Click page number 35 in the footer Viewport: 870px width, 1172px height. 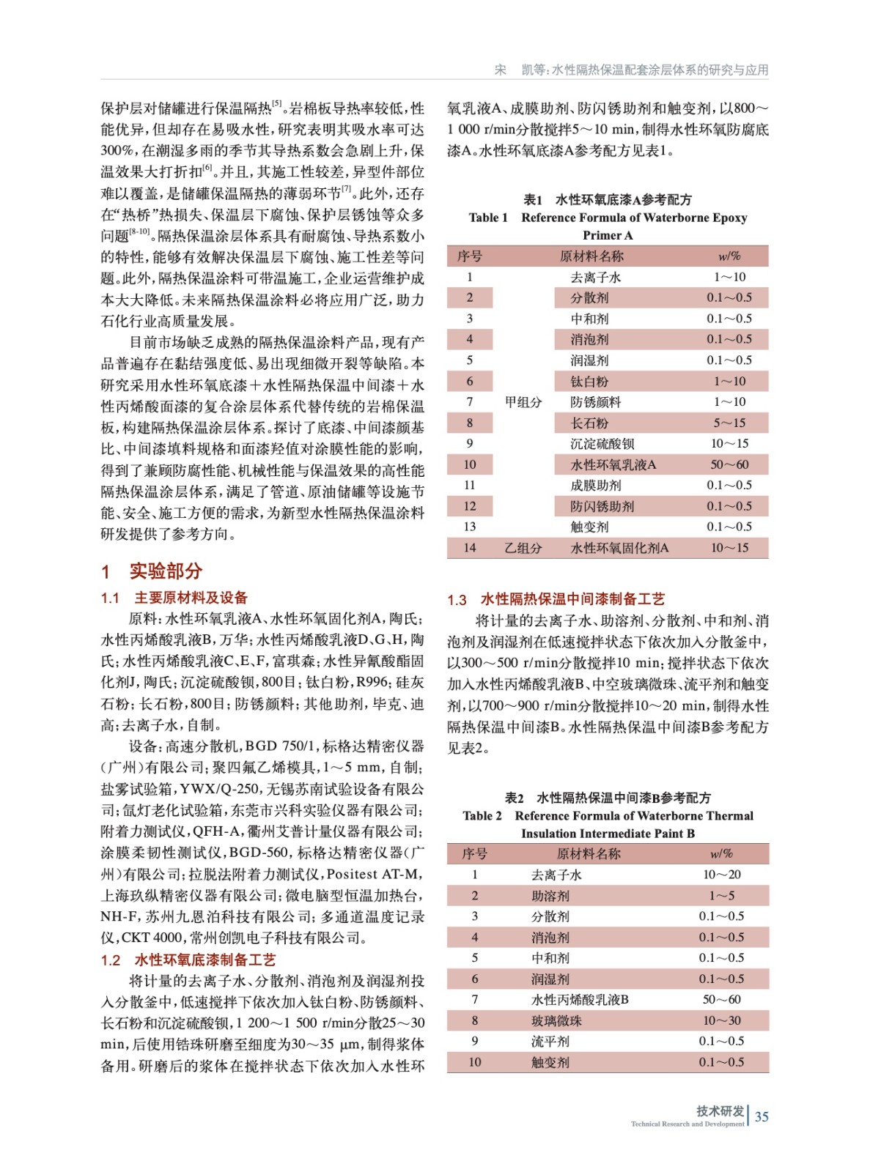coord(762,1116)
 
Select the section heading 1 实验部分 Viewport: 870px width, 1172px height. coord(152,571)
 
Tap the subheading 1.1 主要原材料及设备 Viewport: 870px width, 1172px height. coord(174,598)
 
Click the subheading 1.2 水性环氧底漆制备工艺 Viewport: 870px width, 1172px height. coord(188,960)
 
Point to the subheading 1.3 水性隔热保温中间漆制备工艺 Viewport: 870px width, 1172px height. coord(556,599)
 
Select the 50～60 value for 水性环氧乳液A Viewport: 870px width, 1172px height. coord(729,464)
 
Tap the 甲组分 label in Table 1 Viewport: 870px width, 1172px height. coord(523,402)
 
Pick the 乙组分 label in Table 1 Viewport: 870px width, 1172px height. coord(523,548)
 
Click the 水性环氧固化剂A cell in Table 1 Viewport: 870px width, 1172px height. coord(619,548)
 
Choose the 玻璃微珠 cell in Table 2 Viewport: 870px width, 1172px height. coord(556,1020)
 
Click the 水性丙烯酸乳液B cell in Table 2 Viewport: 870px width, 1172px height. coord(580,999)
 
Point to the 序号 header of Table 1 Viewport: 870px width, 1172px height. coord(469,256)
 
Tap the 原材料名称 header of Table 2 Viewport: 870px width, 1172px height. coord(589,853)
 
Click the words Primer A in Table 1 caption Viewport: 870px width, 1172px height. coord(607,235)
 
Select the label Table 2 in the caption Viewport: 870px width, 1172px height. coord(482,815)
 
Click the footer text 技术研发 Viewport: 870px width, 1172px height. coord(720,1110)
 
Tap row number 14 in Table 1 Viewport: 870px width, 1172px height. coord(469,548)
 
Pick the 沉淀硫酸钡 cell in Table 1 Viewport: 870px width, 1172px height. coord(602,444)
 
